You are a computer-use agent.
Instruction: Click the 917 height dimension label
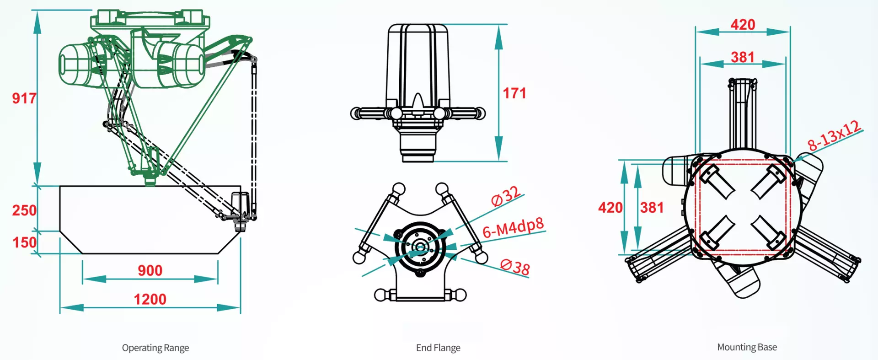coord(24,98)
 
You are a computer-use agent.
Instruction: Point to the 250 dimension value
coord(24,210)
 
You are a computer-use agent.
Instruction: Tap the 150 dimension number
coord(24,242)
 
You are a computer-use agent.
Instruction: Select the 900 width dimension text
coord(150,271)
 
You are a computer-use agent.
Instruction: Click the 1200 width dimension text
coord(150,300)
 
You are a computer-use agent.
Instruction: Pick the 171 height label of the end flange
coord(514,93)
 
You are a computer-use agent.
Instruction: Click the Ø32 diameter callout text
coord(505,196)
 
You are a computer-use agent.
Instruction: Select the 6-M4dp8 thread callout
coord(514,227)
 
